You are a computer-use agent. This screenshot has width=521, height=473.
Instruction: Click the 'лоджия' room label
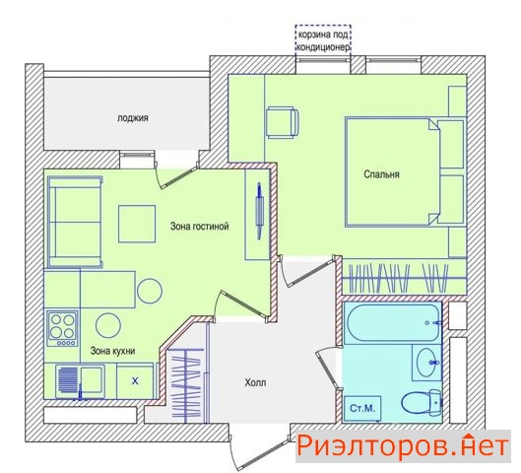(x=133, y=118)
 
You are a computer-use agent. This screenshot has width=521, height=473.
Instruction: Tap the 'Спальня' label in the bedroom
(x=381, y=174)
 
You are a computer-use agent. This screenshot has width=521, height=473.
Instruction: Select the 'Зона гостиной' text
(x=199, y=227)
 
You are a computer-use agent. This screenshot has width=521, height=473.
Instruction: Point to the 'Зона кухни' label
(x=112, y=351)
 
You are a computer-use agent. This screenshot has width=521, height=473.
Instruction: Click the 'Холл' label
(x=255, y=382)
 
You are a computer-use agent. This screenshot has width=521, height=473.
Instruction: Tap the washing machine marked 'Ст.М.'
(x=362, y=408)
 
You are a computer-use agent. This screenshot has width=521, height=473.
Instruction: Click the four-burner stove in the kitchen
(x=62, y=328)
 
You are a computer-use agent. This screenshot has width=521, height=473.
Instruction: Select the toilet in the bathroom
(x=422, y=402)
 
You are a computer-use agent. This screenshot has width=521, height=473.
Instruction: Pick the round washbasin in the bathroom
(x=428, y=362)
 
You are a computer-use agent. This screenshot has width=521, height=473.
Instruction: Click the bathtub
(x=393, y=322)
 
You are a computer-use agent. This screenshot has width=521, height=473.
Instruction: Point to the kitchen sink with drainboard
(x=80, y=381)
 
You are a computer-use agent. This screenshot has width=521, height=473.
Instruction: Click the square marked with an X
(x=135, y=381)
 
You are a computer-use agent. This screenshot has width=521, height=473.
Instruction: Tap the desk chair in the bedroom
(x=283, y=122)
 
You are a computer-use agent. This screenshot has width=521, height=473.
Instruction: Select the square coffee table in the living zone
(x=137, y=224)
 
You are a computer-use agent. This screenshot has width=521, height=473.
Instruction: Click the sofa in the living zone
(x=75, y=222)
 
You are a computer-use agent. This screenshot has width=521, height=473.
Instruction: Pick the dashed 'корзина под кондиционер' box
(x=323, y=38)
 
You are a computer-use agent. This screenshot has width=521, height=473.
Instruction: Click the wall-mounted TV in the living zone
(x=259, y=211)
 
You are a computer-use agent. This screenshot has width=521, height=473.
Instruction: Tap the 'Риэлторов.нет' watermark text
(x=403, y=446)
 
